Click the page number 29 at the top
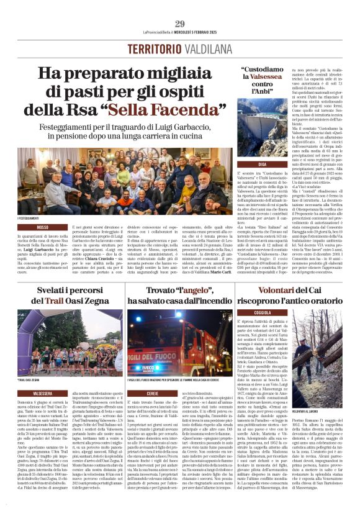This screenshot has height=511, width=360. click(179, 24)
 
